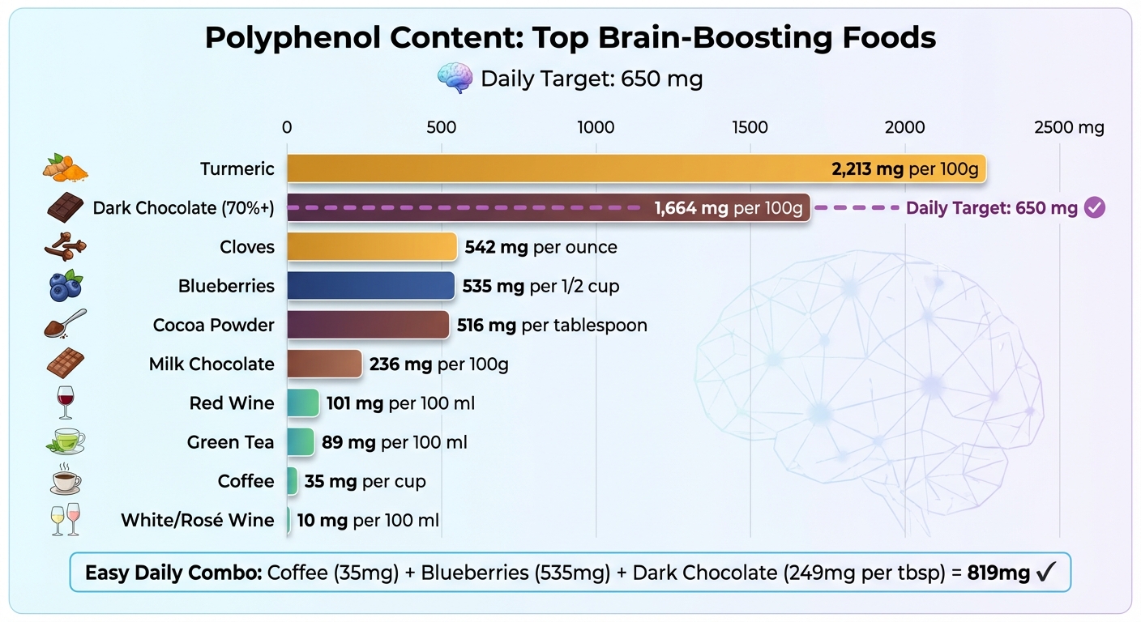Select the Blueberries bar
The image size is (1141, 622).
(370, 286)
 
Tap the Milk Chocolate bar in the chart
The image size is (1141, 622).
(324, 364)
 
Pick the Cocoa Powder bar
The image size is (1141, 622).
(368, 325)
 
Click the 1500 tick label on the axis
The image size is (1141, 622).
(750, 127)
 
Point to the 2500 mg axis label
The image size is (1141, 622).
(1068, 127)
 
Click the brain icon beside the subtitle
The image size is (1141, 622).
(455, 79)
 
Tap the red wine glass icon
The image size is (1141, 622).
(65, 403)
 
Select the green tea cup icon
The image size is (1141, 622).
(65, 441)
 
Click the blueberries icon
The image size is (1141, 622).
(65, 286)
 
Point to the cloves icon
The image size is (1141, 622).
(65, 247)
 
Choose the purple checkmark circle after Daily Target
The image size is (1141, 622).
(1094, 208)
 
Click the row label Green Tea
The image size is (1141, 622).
(230, 442)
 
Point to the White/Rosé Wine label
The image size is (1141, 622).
(198, 520)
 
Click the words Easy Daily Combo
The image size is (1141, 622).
(173, 573)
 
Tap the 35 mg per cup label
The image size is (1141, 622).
(365, 481)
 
